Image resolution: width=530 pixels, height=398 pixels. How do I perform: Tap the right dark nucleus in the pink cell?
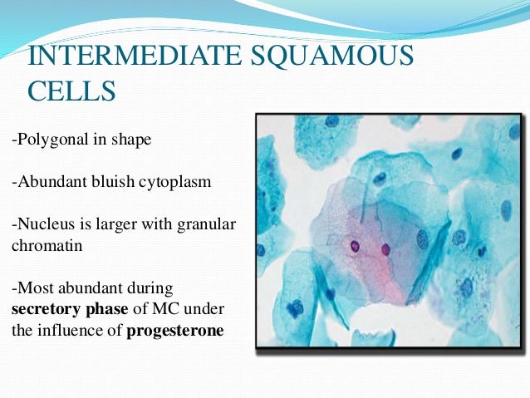pos(385,249)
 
